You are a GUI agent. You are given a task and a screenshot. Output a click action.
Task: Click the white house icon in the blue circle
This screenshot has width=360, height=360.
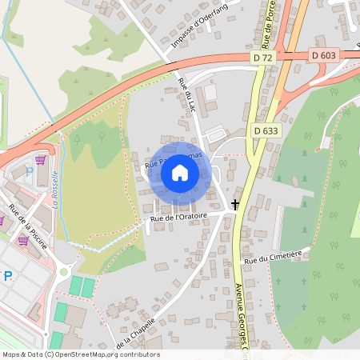tap(179, 173)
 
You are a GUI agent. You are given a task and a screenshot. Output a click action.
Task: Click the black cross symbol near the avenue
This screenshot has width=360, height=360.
tap(235, 204)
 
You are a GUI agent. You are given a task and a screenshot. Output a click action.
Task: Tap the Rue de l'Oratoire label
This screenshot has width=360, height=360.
tap(178, 216)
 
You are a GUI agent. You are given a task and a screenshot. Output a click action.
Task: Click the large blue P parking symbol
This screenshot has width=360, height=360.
tap(8, 276)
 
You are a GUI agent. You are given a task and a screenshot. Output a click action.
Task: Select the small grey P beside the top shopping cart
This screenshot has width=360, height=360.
tap(30, 170)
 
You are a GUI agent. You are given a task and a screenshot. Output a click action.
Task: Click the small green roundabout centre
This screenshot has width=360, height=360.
tap(64, 271)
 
